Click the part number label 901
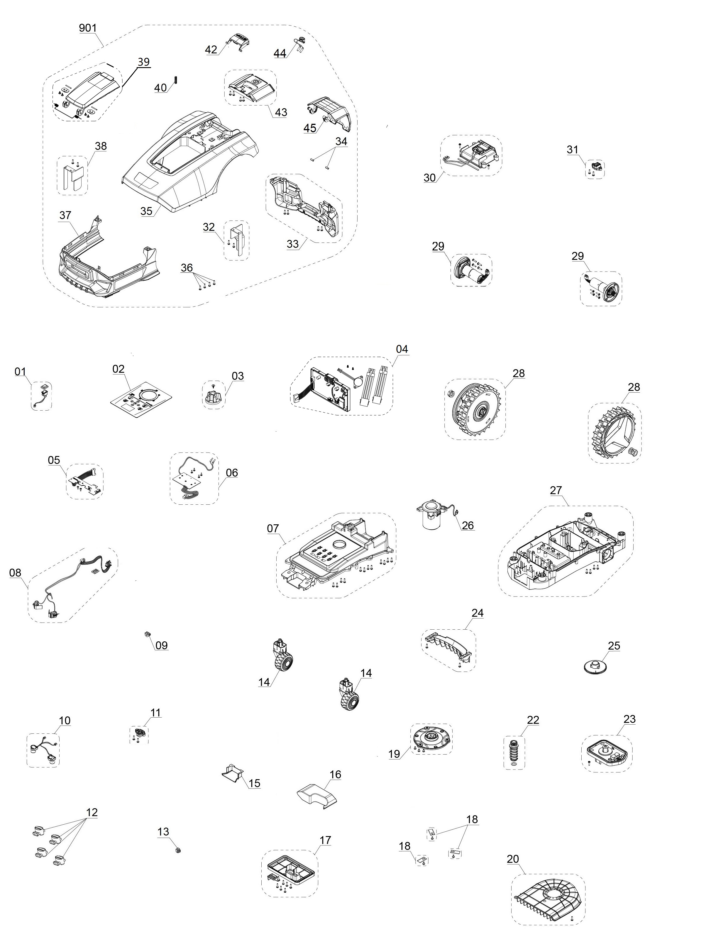coord(88,28)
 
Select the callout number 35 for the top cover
coord(146,211)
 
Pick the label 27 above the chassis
coord(556,490)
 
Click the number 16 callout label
coord(335,775)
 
